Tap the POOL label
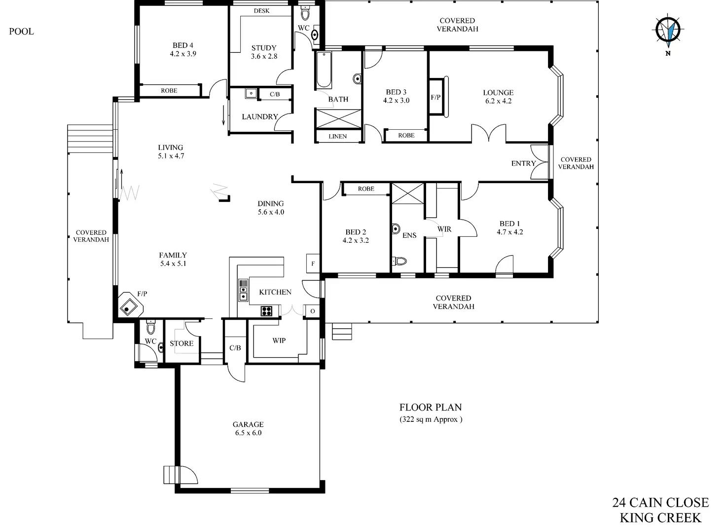(21, 32)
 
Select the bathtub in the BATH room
(324, 70)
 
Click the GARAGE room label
(248, 424)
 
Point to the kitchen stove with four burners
(266, 311)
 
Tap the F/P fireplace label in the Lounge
(436, 97)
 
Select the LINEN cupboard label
(338, 136)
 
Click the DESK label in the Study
(261, 11)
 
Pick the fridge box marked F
(313, 264)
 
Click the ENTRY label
(523, 163)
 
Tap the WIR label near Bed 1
(444, 229)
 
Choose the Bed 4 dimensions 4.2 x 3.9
(183, 54)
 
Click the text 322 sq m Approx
(431, 419)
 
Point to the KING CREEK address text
(660, 518)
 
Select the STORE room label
(181, 343)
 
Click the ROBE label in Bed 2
(366, 189)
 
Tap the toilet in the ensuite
(399, 261)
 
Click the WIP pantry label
(279, 340)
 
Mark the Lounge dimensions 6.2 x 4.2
(498, 101)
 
